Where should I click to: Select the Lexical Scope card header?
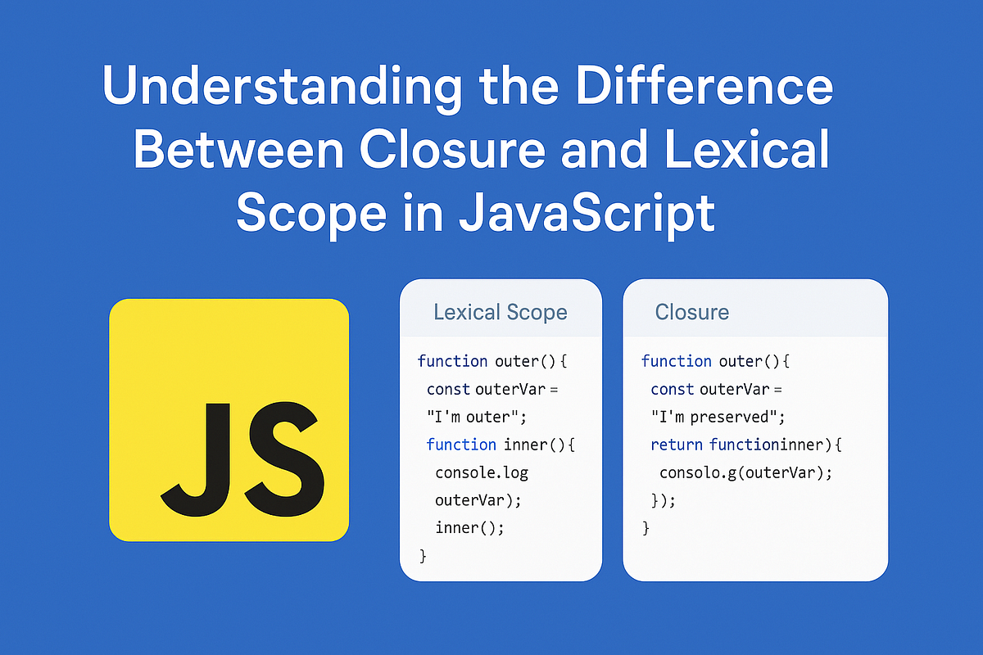pyautogui.click(x=500, y=312)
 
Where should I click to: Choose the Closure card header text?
pyautogui.click(x=692, y=312)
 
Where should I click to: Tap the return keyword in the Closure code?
pyautogui.click(x=677, y=445)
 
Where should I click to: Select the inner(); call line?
pyautogui.click(x=469, y=528)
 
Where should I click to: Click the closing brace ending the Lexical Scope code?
pyautogui.click(x=423, y=557)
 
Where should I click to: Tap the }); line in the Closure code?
pyautogui.click(x=663, y=501)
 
